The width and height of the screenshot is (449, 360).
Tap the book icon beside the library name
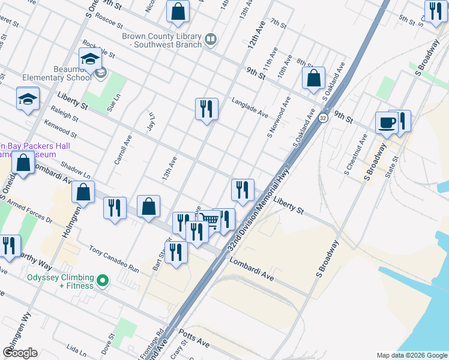click(210, 40)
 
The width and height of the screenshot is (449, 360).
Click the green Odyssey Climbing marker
click(103, 280)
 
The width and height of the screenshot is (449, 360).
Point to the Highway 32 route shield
click(323, 117)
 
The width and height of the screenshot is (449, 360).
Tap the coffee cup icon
click(386, 122)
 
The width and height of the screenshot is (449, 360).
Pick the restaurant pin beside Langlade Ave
click(206, 109)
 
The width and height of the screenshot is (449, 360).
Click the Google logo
click(20, 353)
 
